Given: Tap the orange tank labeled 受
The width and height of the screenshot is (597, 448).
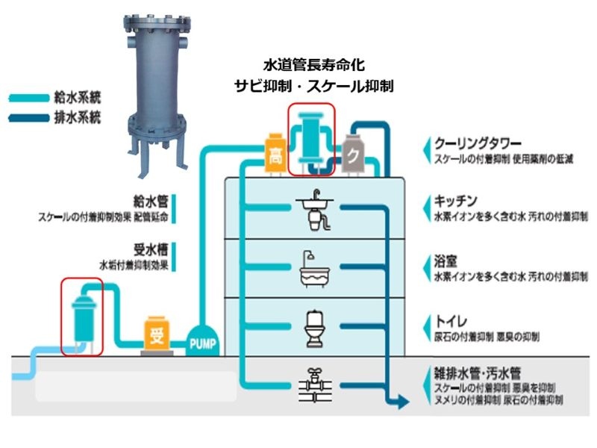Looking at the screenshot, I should pyautogui.click(x=157, y=335).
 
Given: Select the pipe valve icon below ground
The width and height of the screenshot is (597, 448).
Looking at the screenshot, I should pyautogui.click(x=313, y=387).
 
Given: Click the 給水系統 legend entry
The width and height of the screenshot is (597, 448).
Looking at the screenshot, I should pyautogui.click(x=77, y=97).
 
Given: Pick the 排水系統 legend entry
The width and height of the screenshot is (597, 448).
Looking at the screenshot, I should pyautogui.click(x=77, y=117).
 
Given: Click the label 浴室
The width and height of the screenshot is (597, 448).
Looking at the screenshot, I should pyautogui.click(x=446, y=262).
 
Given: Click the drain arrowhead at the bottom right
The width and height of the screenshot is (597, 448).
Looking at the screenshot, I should pyautogui.click(x=402, y=403).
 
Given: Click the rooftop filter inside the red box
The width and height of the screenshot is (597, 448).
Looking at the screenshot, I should pyautogui.click(x=312, y=137).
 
